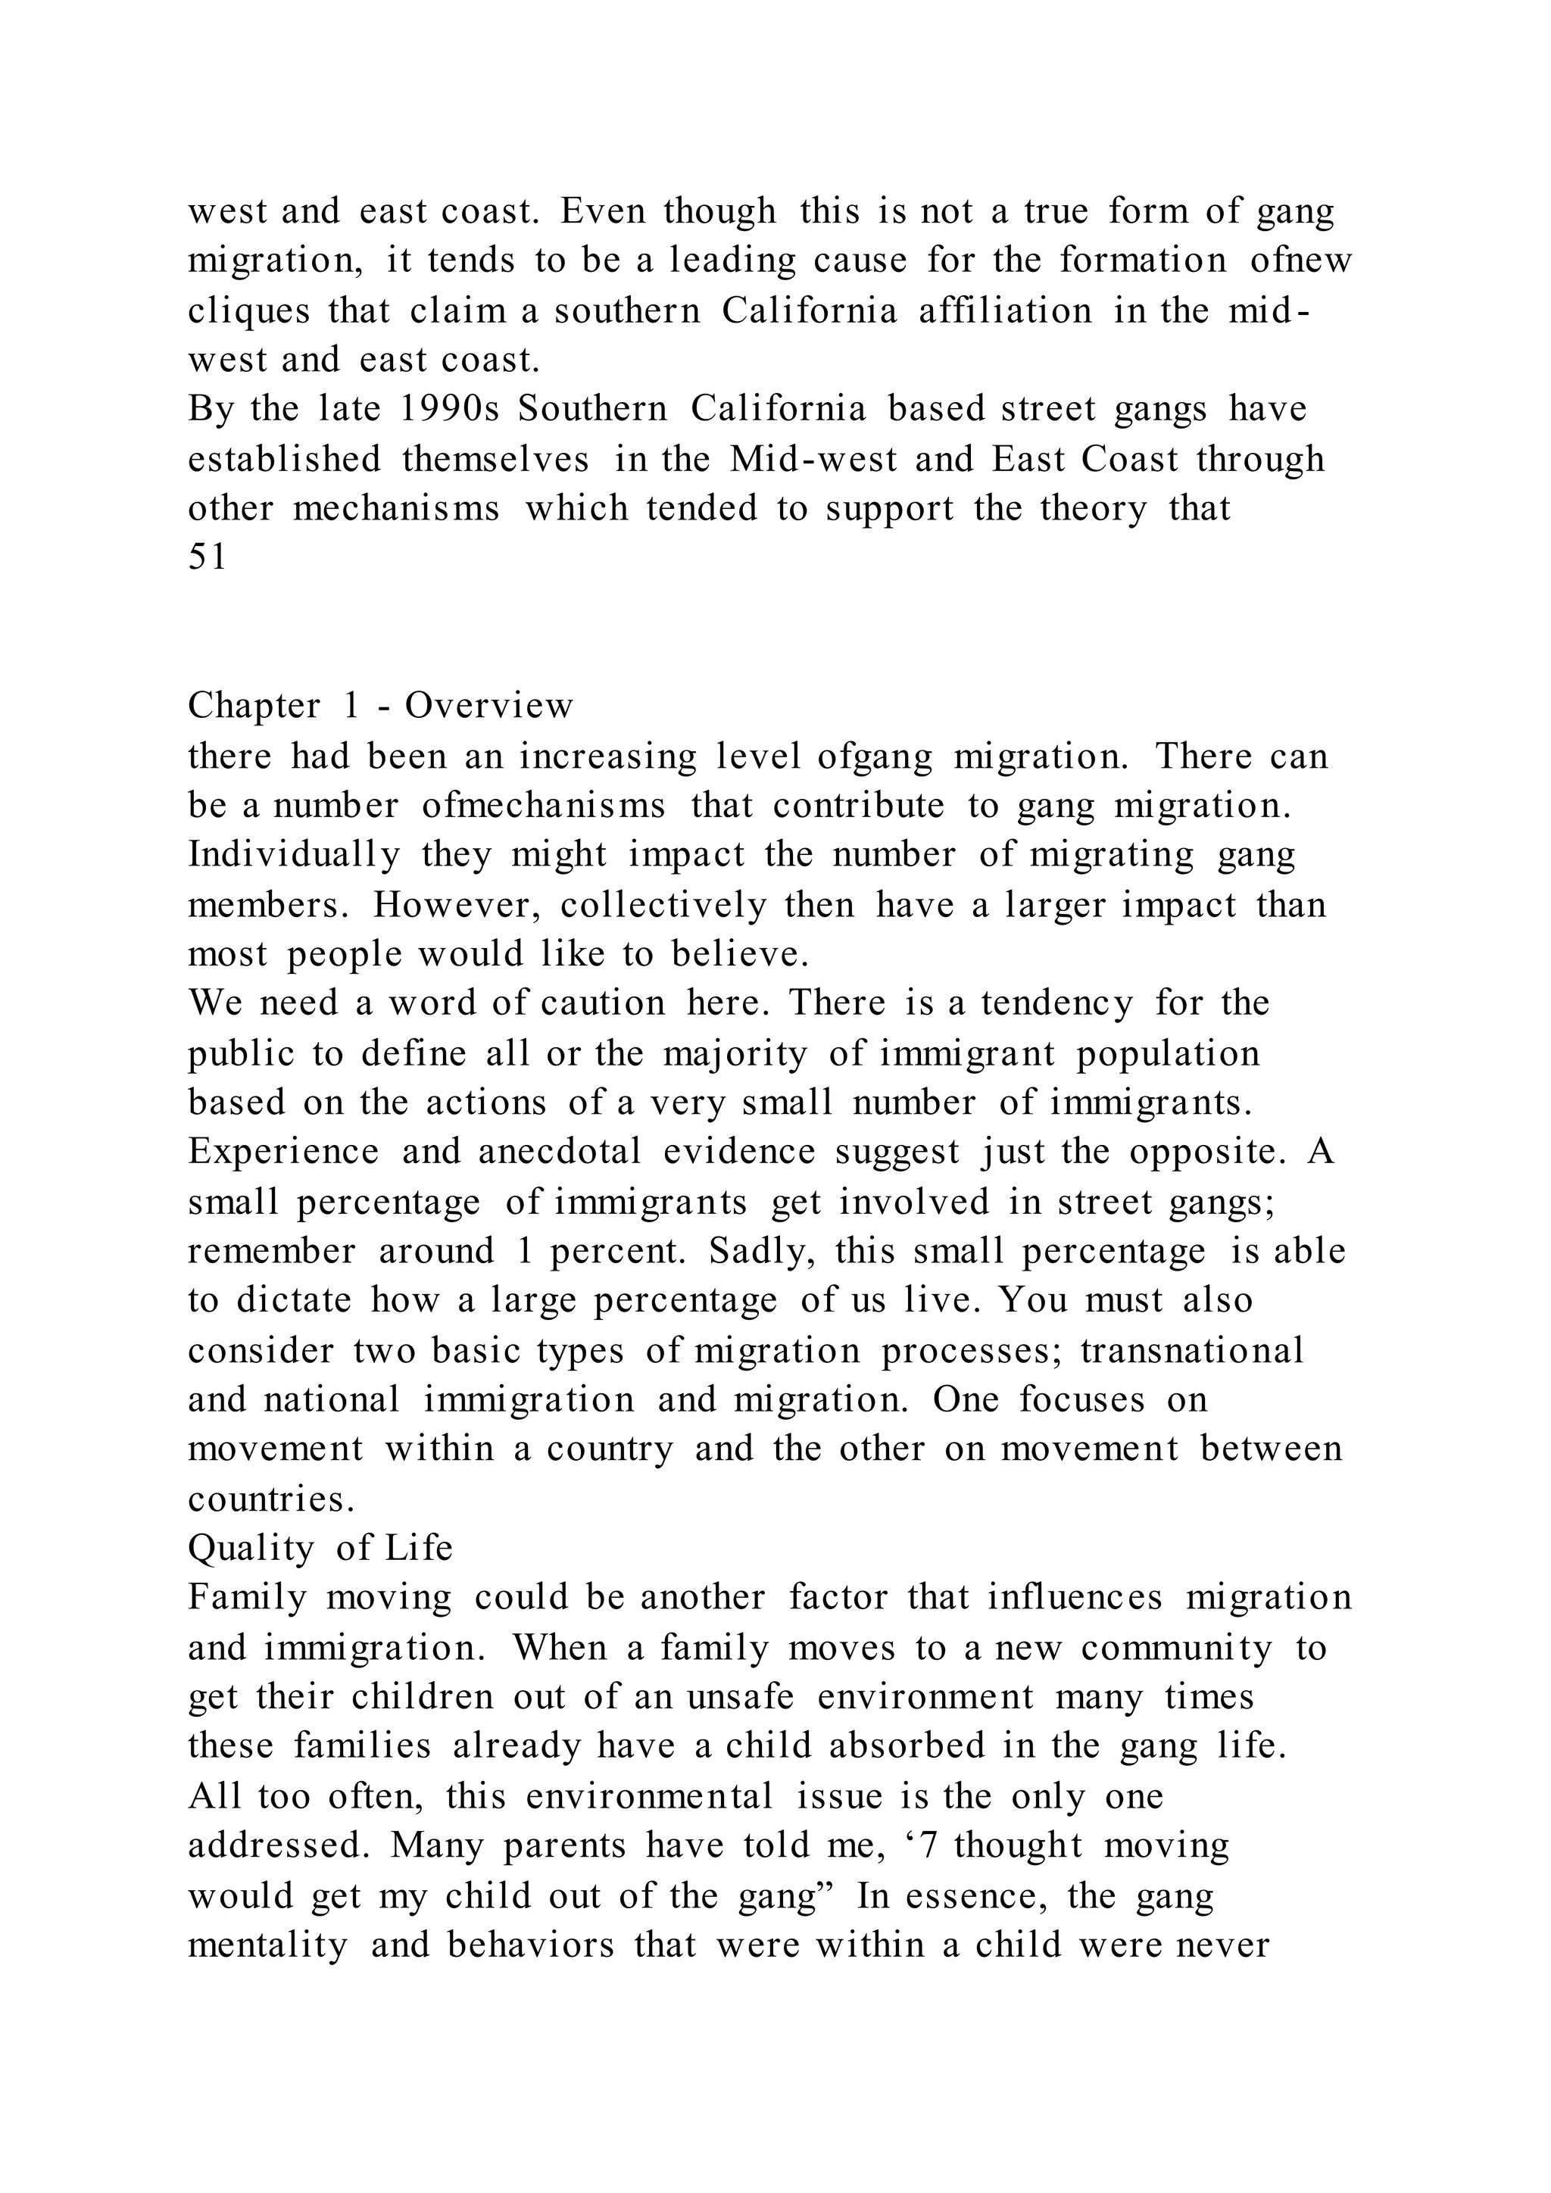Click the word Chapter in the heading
(x=254, y=707)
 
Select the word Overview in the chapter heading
(x=489, y=707)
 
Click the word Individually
(x=294, y=855)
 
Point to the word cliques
(x=248, y=311)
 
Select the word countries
(x=271, y=1499)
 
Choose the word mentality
(x=267, y=1945)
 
